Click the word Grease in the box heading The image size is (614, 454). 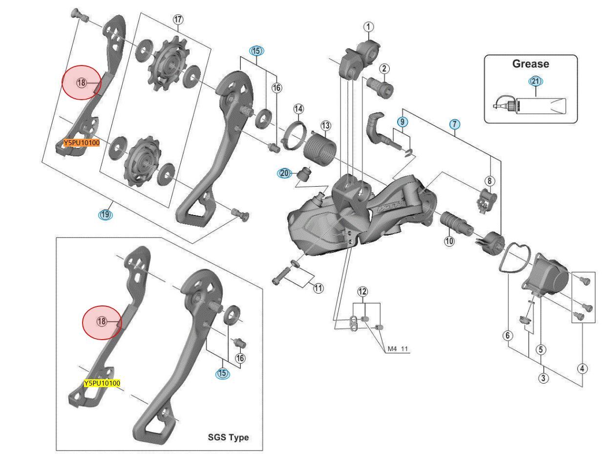(x=530, y=64)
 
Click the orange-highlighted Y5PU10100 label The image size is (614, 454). (x=82, y=143)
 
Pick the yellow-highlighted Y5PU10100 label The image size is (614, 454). (x=102, y=383)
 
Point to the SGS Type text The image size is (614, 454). (x=228, y=437)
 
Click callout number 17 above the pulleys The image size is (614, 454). (x=178, y=20)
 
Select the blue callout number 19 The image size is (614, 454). (x=105, y=214)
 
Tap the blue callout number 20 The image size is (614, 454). (x=285, y=173)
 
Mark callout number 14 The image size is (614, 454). (x=298, y=108)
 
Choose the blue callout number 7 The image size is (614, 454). (x=454, y=124)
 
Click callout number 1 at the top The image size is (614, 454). (x=368, y=26)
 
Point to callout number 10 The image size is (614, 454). (x=449, y=240)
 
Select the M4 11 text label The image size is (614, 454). (x=398, y=349)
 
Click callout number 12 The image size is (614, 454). (x=362, y=292)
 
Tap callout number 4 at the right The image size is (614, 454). (x=583, y=368)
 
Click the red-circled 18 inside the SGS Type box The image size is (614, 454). (x=102, y=321)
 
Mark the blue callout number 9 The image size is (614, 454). (x=402, y=121)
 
